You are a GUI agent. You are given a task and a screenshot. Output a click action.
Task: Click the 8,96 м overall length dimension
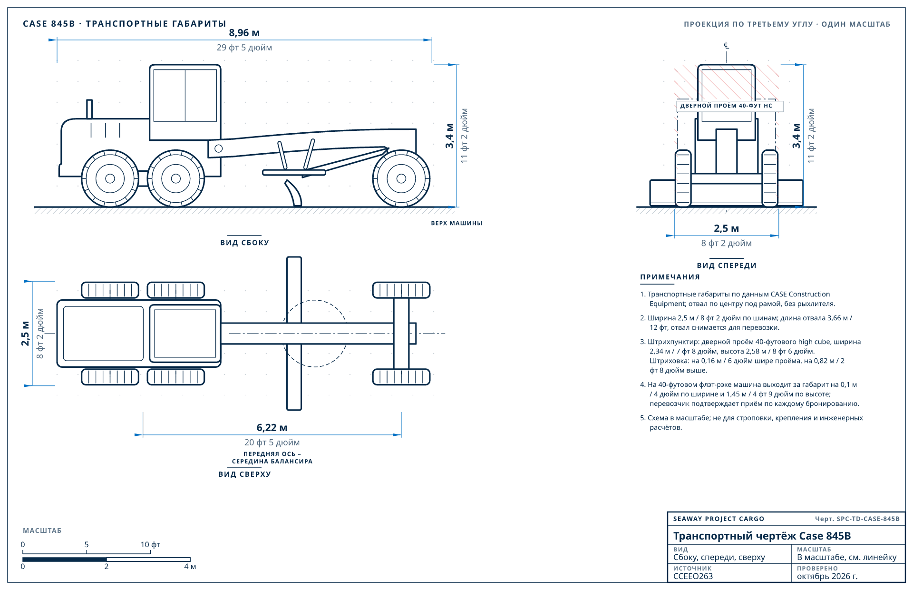click(x=244, y=33)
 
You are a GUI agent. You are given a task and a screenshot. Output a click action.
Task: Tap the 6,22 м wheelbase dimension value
click(x=272, y=428)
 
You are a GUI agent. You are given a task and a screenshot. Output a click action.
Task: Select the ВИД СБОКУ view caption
click(x=244, y=243)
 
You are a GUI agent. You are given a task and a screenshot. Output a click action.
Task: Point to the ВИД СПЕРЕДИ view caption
click(x=727, y=265)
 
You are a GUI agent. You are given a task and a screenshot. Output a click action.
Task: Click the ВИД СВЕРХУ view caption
click(x=244, y=474)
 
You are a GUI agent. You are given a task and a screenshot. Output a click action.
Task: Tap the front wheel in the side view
click(x=401, y=178)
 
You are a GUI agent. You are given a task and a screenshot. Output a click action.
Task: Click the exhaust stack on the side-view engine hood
click(x=89, y=109)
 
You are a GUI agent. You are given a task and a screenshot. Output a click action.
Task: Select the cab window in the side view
click(x=185, y=96)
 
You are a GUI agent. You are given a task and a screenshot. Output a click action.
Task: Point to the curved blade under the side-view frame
click(x=294, y=193)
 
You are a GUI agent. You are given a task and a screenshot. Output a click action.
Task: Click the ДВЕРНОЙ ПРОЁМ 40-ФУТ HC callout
click(x=726, y=106)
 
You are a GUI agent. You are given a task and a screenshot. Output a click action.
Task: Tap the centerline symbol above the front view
click(x=726, y=45)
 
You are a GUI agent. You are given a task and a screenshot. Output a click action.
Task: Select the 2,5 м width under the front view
click(x=726, y=228)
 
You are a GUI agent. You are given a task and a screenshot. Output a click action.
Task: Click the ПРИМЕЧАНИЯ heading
click(x=670, y=277)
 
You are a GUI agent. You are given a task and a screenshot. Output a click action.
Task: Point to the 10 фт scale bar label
click(x=150, y=544)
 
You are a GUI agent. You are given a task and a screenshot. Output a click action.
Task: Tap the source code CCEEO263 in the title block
click(x=693, y=576)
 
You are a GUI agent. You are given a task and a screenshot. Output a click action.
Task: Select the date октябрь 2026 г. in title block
click(x=827, y=576)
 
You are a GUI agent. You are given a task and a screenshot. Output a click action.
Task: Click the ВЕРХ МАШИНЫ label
click(x=456, y=223)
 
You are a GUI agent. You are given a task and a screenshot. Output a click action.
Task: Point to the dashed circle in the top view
click(x=315, y=300)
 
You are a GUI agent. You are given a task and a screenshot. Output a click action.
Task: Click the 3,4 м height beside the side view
click(x=449, y=136)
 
